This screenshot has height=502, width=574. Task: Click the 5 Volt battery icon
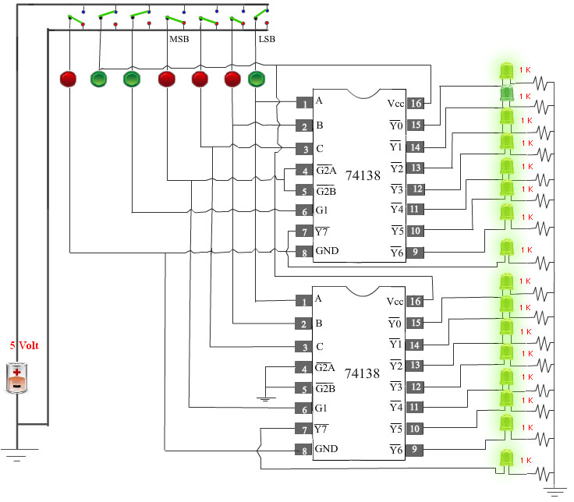[x=17, y=378]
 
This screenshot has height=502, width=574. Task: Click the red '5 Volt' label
[x=24, y=345]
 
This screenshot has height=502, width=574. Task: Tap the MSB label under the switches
[x=179, y=39]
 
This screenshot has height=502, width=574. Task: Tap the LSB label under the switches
[x=267, y=39]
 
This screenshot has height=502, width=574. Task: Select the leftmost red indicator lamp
[x=68, y=79]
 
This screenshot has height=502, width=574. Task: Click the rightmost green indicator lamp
[x=257, y=79]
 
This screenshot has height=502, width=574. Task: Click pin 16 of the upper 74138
[x=416, y=103]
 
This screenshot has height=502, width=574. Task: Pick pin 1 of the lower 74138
[x=303, y=301]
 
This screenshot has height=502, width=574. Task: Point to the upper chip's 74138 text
[x=363, y=175]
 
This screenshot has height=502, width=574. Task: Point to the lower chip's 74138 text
[x=362, y=373]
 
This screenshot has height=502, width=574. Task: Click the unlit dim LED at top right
[x=507, y=94]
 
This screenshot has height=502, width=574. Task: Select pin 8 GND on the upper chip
[x=304, y=252]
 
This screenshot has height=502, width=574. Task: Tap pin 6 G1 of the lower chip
[x=303, y=408]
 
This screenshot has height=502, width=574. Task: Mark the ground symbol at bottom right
[x=554, y=491]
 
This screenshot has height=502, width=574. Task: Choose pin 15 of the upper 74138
[x=416, y=125]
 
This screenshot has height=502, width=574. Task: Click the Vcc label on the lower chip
[x=395, y=302]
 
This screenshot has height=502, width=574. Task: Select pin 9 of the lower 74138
[x=414, y=450]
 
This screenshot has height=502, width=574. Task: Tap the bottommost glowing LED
[x=507, y=459]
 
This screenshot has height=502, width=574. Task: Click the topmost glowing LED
[x=507, y=71]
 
